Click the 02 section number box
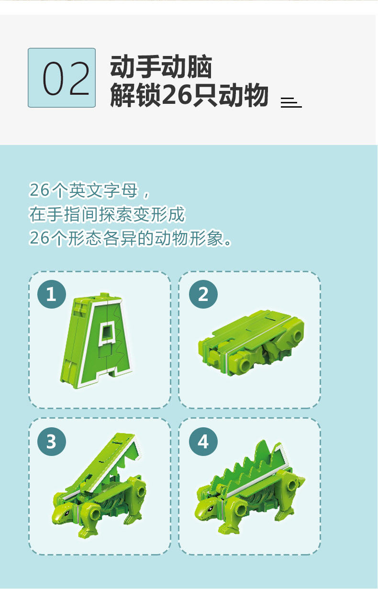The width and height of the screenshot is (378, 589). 62,78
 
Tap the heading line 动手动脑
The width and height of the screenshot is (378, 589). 161,67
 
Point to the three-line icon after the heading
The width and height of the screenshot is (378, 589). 291,102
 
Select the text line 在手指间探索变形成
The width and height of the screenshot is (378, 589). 107,214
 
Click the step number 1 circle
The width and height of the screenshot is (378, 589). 52,294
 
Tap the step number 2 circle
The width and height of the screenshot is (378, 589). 203,294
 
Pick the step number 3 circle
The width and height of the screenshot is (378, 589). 52,442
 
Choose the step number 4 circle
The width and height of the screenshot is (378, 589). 203,442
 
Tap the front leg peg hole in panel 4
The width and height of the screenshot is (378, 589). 241,509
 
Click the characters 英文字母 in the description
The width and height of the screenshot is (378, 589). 103,190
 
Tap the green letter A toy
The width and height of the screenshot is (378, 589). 96,341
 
